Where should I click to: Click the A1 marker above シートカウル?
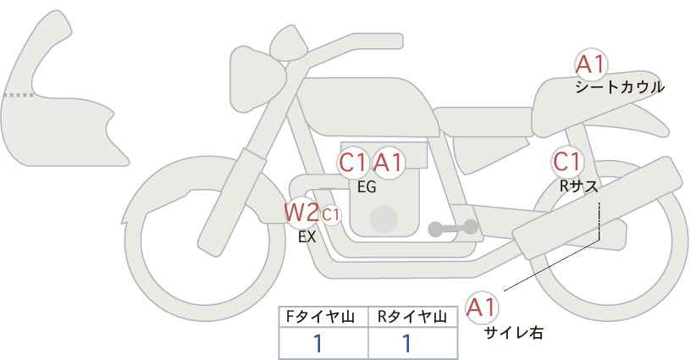(591, 64)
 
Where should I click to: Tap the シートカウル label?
(620, 87)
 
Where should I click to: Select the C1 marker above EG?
(353, 162)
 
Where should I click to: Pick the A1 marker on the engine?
(389, 162)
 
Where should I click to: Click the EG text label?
(367, 187)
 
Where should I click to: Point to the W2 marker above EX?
(301, 212)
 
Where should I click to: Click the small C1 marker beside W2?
(330, 214)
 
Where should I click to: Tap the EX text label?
(307, 237)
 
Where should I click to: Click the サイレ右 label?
(514, 333)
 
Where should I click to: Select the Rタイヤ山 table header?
(411, 317)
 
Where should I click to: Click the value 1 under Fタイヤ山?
(318, 343)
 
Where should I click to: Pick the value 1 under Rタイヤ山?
(406, 343)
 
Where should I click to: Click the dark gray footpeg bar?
(451, 227)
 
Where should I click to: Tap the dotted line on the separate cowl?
(19, 95)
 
